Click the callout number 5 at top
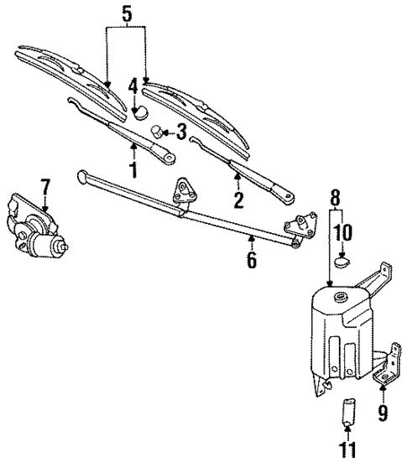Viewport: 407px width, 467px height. click(126, 14)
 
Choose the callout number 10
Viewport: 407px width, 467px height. click(344, 232)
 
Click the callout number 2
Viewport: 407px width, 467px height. click(238, 200)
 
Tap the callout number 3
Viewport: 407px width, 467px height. click(180, 132)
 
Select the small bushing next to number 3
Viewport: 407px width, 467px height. click(157, 132)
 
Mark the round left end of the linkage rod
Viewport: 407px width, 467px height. click(81, 176)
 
